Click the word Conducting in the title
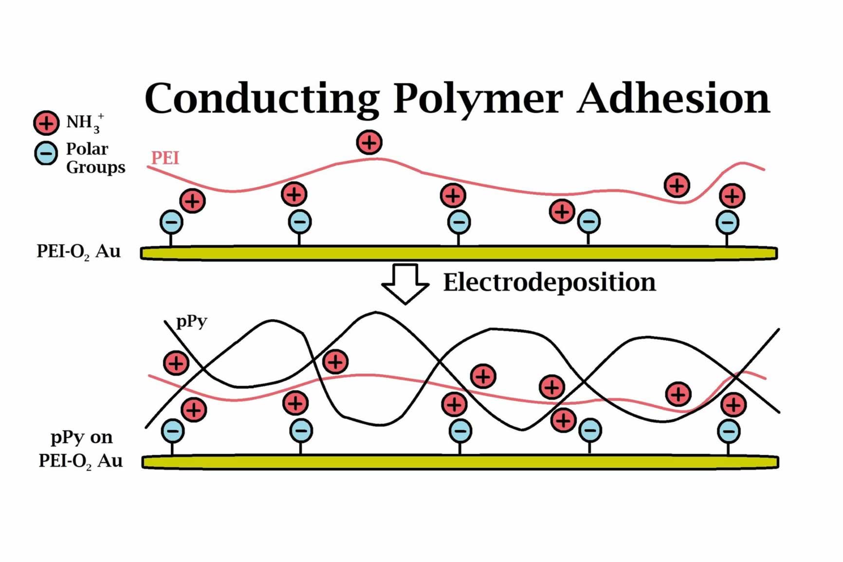pos(262,99)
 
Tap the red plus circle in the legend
pos(46,123)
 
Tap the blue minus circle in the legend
pos(46,153)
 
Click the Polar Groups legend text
pos(95,158)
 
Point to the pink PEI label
pos(165,158)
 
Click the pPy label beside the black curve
pos(192,322)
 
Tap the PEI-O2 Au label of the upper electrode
pos(78,252)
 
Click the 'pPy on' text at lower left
pos(82,438)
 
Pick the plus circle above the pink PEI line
pos(369,142)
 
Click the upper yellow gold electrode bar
pos(459,253)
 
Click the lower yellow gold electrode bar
pos(460,462)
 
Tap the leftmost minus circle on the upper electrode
pos(171,222)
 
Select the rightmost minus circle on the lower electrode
pos(729,431)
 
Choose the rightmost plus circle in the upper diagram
pos(733,196)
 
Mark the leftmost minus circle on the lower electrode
pos(173,431)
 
